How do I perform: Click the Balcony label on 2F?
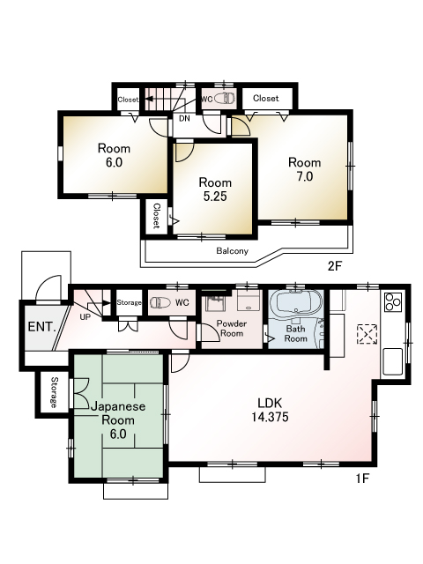(x=232, y=250)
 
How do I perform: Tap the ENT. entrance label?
(x=42, y=327)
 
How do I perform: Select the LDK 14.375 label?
(x=270, y=410)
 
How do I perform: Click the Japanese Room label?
(x=118, y=419)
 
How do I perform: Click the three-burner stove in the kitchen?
(x=392, y=302)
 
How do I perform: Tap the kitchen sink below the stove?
(x=392, y=361)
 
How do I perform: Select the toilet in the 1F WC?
(x=160, y=302)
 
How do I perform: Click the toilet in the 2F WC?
(x=225, y=99)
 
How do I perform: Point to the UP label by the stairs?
(x=85, y=317)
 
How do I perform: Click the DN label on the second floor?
(x=184, y=118)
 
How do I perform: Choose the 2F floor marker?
(x=334, y=266)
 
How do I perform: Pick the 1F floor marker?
(x=362, y=479)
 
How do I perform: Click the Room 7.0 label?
(x=304, y=169)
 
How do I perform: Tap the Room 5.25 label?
(x=215, y=189)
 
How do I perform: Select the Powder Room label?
(x=232, y=329)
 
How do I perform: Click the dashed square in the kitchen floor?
(x=367, y=335)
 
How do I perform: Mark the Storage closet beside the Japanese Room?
(x=54, y=392)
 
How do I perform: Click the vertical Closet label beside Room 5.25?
(x=157, y=216)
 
